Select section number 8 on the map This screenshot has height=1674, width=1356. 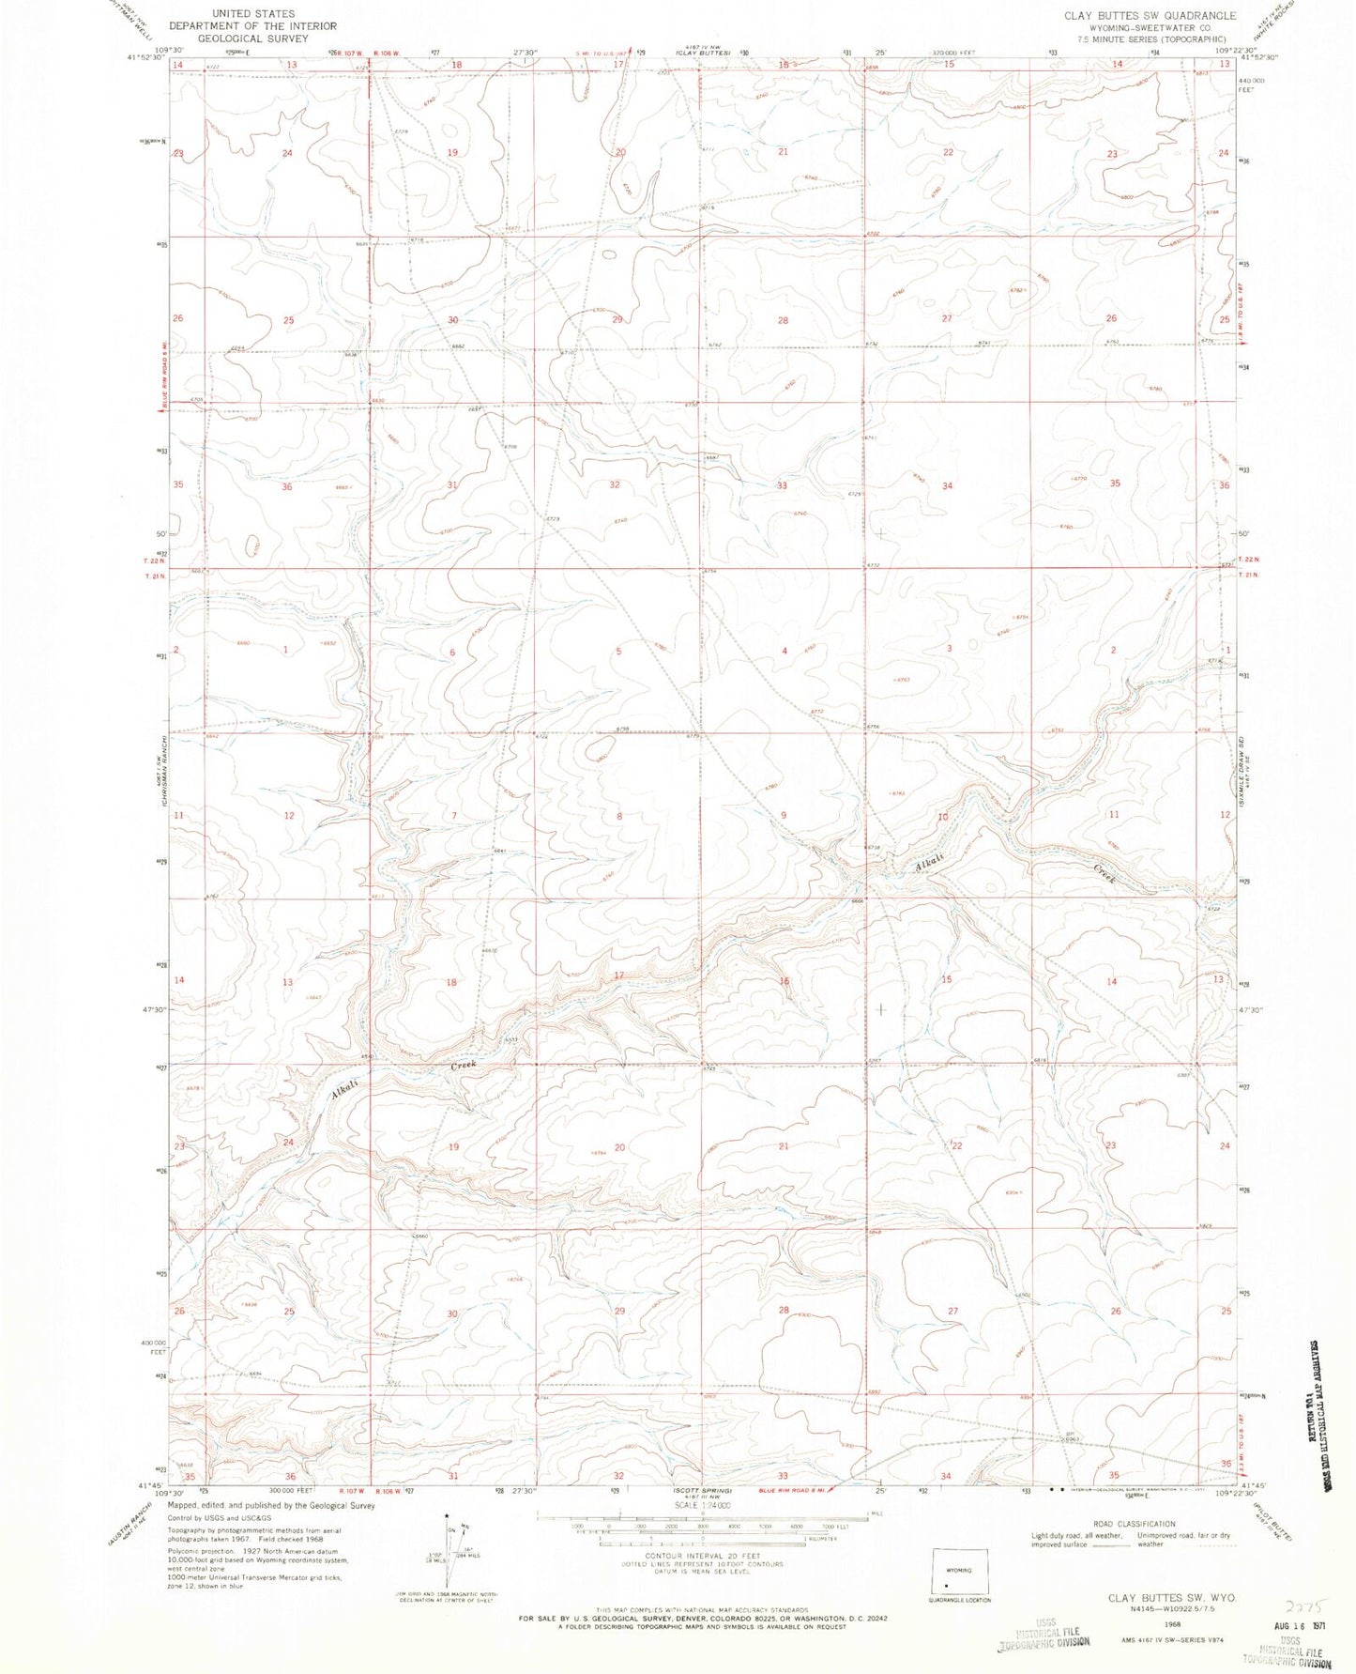(x=618, y=817)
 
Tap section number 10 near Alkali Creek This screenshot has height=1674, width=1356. (x=943, y=817)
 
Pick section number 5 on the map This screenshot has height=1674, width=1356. (x=618, y=652)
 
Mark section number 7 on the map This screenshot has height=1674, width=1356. (x=453, y=816)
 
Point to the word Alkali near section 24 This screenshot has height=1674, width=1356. (x=343, y=1090)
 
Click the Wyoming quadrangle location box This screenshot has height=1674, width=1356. (x=959, y=1571)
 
